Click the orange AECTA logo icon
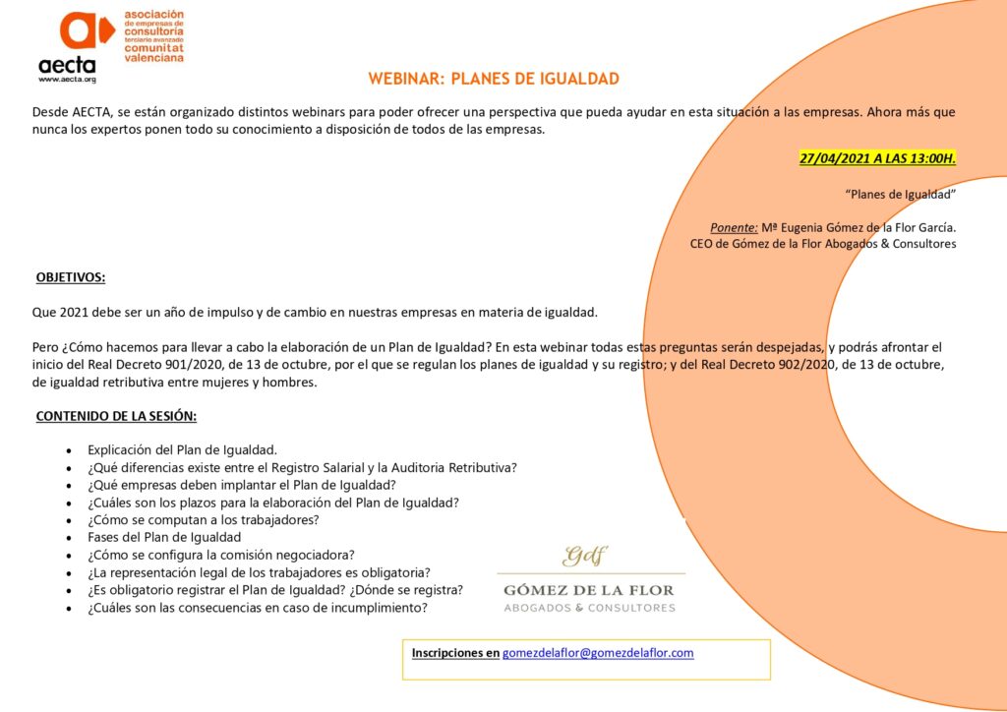tap(85, 31)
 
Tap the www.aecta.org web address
tap(67, 78)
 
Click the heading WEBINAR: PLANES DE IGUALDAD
tap(494, 79)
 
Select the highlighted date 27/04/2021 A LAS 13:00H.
tap(877, 158)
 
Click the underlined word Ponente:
tap(734, 227)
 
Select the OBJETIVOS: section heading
tap(71, 277)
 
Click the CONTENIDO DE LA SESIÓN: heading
tap(116, 416)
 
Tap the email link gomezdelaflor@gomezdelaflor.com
tap(598, 652)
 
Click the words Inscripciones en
tap(455, 652)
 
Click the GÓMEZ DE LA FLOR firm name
tap(589, 590)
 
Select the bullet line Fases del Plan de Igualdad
tap(164, 537)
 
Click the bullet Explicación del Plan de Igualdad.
tap(182, 449)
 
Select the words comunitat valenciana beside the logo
tap(152, 51)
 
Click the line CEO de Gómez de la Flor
tap(823, 244)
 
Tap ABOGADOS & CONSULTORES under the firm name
tap(589, 608)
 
